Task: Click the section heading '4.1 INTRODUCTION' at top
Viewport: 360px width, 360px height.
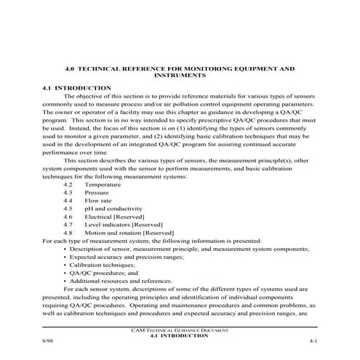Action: point(76,87)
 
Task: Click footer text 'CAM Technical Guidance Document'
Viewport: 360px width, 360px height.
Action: point(180,331)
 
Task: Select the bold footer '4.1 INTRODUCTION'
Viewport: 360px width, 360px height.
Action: point(180,337)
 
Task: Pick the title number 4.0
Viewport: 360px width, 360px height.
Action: point(70,68)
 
